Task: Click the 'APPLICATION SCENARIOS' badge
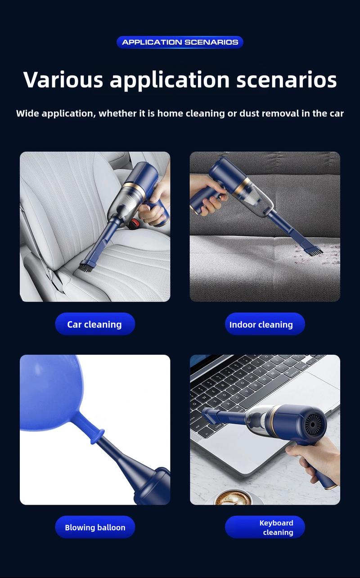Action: click(x=180, y=42)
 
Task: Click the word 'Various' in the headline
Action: click(x=63, y=80)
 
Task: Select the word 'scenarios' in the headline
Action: click(x=287, y=80)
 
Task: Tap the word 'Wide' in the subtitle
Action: click(x=27, y=113)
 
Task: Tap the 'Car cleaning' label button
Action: click(x=95, y=324)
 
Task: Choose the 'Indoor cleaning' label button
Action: click(x=265, y=324)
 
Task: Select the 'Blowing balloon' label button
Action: click(x=95, y=527)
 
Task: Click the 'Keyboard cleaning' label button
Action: click(x=265, y=527)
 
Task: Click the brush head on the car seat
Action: click(x=86, y=266)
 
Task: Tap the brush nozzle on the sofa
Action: click(x=313, y=250)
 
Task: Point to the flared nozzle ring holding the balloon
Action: click(x=98, y=436)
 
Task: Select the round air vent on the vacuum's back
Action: click(x=314, y=425)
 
